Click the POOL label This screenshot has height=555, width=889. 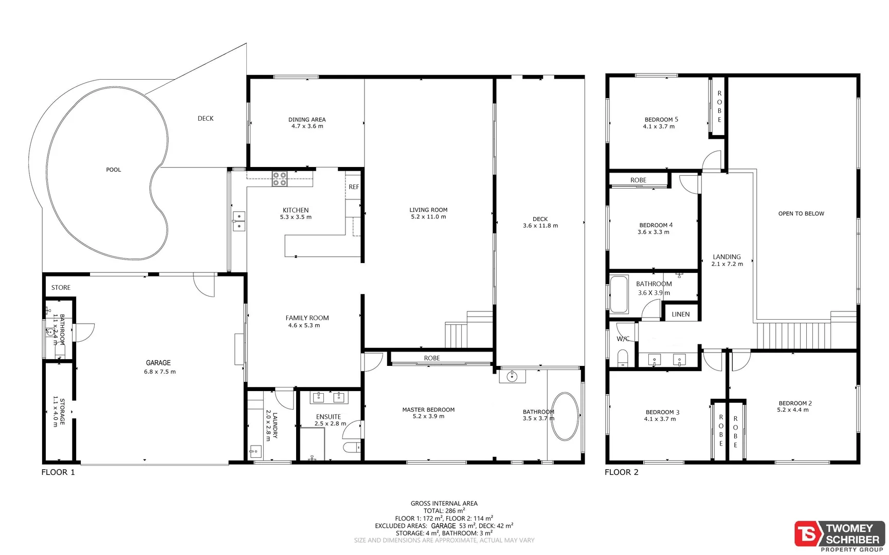coord(113,170)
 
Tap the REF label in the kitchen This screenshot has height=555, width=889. coord(354,187)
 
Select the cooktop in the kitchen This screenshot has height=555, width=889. coord(280,179)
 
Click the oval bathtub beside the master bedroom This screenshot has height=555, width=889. coord(565,416)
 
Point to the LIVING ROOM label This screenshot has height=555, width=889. coord(428,210)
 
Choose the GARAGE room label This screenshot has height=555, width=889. coord(158,363)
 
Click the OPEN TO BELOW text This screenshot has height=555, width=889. coord(801,214)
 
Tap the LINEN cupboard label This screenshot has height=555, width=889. coord(681,314)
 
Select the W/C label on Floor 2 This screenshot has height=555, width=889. coord(623,339)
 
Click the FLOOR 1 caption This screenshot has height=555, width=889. coord(58,472)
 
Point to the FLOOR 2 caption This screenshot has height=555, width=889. coord(622,472)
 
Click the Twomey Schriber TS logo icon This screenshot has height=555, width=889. coord(808,534)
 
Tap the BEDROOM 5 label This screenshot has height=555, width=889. coord(661,120)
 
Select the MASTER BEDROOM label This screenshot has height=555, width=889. coord(428,410)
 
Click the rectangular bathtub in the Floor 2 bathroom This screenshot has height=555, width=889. coord(619,294)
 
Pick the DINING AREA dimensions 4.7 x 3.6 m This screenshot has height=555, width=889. coord(307,126)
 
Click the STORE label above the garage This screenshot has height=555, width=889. coord(61,288)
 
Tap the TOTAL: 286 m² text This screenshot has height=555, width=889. coord(444,511)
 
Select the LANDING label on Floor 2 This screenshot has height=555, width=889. coord(727,257)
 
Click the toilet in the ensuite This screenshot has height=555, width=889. coord(352,447)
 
